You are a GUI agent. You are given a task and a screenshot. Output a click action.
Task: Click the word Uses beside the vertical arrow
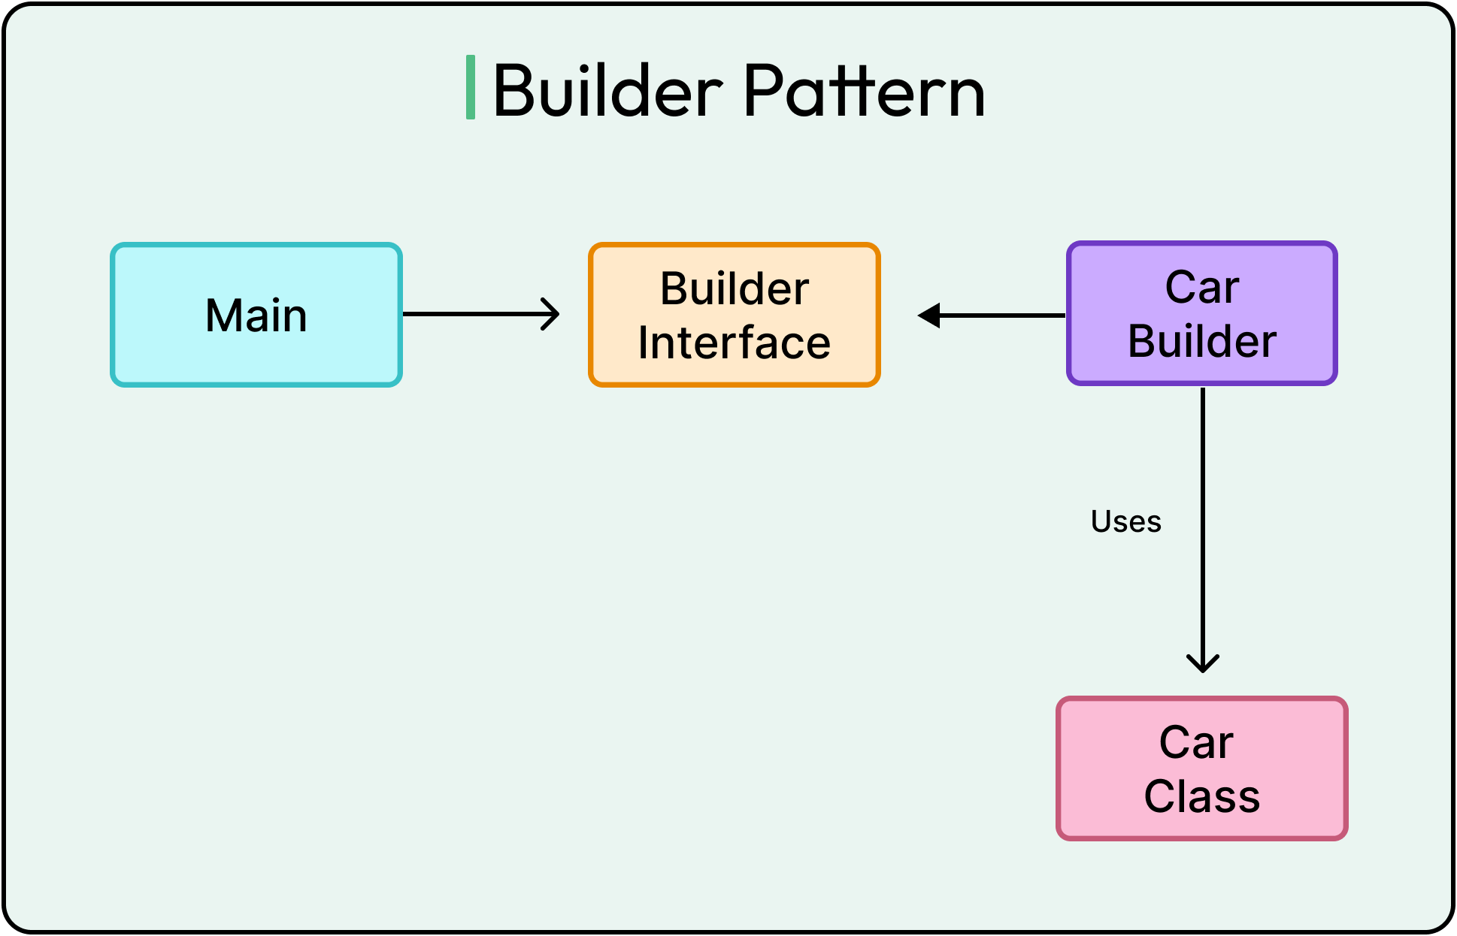[x=1125, y=521]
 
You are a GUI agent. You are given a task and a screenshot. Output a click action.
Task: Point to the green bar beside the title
[x=471, y=87]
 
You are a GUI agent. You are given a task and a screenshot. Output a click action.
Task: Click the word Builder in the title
[x=607, y=91]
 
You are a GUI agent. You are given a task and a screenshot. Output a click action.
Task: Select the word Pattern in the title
[x=865, y=91]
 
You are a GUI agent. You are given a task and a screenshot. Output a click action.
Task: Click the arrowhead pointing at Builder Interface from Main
[x=552, y=314]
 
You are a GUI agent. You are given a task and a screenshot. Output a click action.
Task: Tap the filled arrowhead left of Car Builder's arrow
[x=929, y=316]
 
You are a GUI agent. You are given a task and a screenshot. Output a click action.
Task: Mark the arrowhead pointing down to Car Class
[x=1203, y=663]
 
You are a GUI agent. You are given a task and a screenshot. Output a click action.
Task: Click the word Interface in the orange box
[x=734, y=343]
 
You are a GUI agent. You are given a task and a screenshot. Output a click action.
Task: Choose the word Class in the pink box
[x=1201, y=797]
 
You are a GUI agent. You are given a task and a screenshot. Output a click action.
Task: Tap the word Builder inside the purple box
[x=1201, y=342]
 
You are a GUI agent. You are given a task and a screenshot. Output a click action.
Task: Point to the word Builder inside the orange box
[x=734, y=289]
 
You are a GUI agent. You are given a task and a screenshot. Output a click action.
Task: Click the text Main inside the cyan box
[x=256, y=316]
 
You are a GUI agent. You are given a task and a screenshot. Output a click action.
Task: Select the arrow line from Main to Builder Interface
[x=474, y=314]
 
